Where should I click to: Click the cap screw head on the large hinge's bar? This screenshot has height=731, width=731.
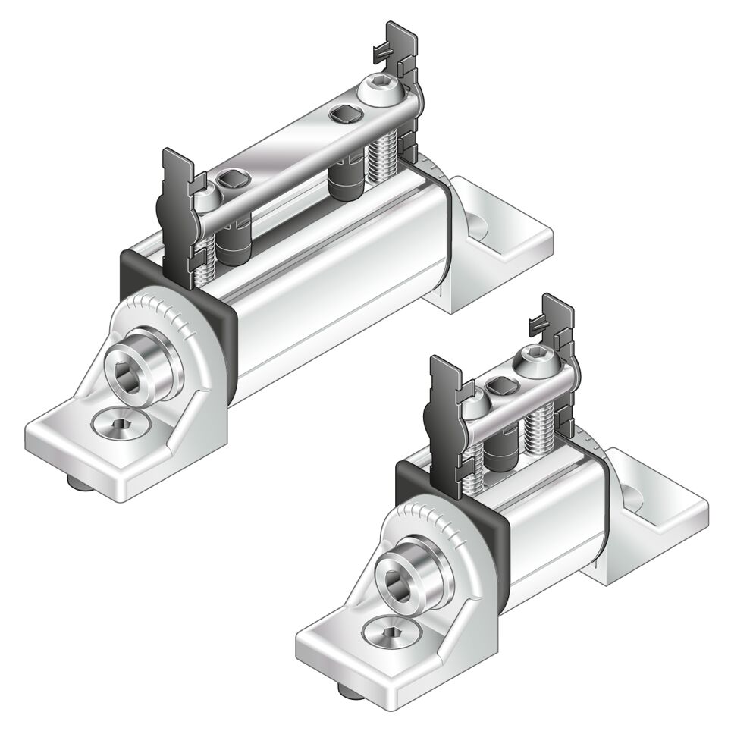pyautogui.click(x=379, y=89)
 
